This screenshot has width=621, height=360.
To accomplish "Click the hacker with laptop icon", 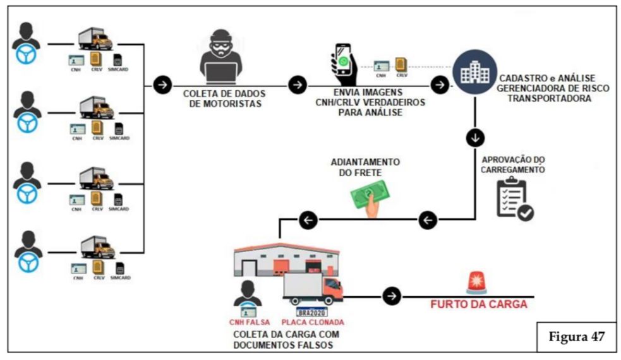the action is [x=221, y=57].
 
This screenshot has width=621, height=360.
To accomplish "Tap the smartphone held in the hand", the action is [x=343, y=59].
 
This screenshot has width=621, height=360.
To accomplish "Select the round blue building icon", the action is [x=475, y=71].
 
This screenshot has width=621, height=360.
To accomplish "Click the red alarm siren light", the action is [x=477, y=283].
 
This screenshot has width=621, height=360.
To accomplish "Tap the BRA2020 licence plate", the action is [x=311, y=312].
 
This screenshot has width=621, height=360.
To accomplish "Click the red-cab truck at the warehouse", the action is [x=313, y=289].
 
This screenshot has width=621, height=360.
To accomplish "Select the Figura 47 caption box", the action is [x=576, y=337].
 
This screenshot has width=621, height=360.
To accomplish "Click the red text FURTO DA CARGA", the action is [x=479, y=304].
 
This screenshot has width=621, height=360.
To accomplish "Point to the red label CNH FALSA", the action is [x=250, y=322].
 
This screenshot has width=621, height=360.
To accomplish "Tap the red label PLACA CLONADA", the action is [x=313, y=322].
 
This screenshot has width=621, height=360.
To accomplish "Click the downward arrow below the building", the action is [x=475, y=138].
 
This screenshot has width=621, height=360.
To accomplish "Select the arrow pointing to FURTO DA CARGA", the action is [x=392, y=296].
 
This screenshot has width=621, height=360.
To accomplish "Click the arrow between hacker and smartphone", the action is [x=298, y=85].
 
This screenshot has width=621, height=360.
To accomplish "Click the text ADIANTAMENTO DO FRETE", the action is [x=365, y=167].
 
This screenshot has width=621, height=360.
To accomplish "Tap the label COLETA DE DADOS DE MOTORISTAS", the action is [x=224, y=99].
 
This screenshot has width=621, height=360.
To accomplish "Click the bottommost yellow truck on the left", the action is [x=98, y=247].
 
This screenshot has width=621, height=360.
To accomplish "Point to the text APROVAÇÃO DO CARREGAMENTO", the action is [x=513, y=165].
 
